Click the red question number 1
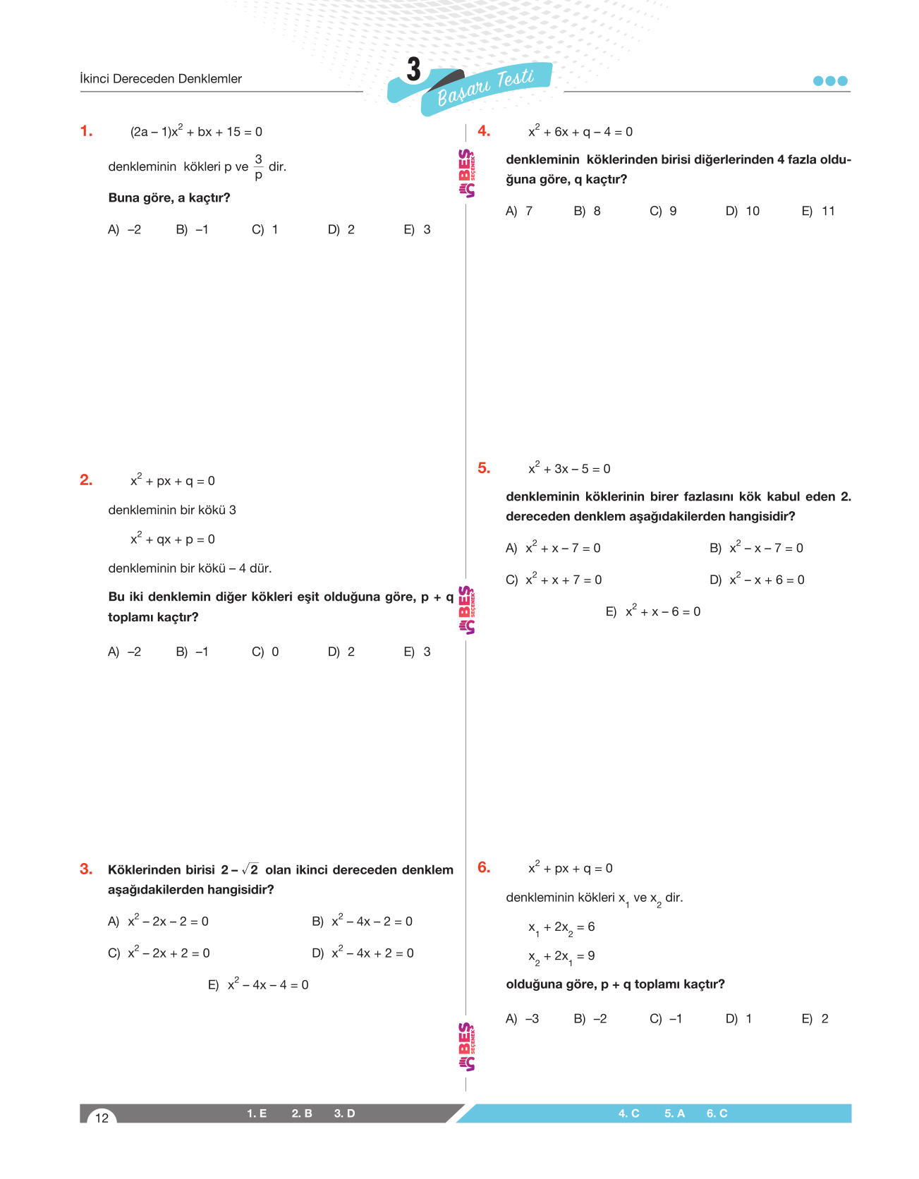86,131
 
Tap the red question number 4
484,131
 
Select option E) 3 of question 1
417,230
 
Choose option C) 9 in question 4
663,212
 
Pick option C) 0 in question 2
265,652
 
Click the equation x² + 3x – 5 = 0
569,469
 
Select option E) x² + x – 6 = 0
653,611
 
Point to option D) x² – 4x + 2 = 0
363,953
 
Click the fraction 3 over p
258,167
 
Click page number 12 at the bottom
102,1118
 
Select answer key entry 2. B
302,1113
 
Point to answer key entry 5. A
674,1113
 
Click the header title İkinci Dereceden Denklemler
161,79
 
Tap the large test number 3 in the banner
413,70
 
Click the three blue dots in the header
830,81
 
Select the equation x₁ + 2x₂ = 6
561,927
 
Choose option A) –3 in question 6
523,1019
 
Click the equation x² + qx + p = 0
173,539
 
